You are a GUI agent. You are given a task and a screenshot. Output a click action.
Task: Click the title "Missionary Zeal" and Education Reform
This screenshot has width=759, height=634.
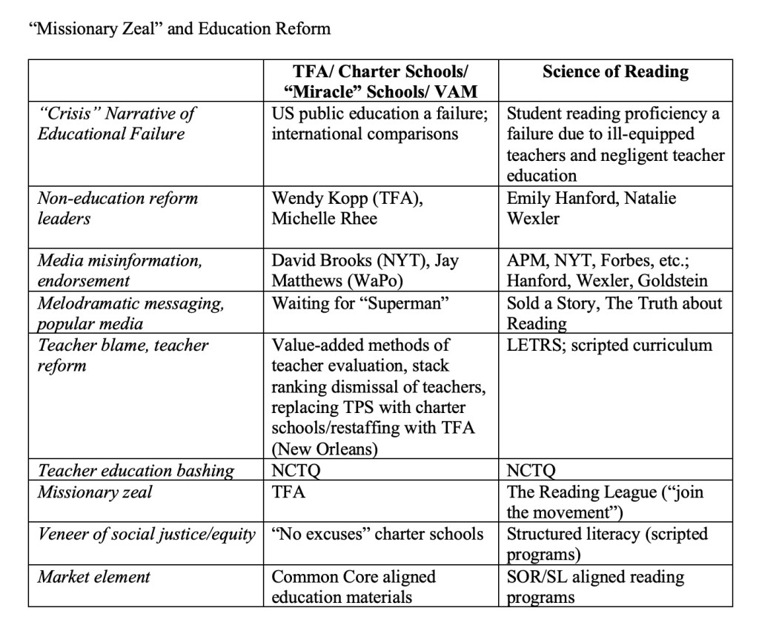(x=178, y=29)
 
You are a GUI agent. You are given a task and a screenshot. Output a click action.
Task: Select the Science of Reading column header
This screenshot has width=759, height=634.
(x=615, y=72)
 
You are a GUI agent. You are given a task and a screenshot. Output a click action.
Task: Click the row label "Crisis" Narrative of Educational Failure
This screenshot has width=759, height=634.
(x=117, y=124)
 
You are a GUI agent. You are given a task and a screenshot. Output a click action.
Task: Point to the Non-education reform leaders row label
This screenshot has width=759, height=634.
(x=117, y=208)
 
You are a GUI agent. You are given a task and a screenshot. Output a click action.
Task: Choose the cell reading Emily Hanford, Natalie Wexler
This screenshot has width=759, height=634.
(x=591, y=208)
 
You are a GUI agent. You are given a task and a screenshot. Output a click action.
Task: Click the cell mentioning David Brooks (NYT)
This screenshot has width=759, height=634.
(x=365, y=271)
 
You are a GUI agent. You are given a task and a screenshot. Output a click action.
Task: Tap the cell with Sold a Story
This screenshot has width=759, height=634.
(x=613, y=313)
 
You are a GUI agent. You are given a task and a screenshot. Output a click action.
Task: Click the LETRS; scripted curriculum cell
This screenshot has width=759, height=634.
(x=609, y=345)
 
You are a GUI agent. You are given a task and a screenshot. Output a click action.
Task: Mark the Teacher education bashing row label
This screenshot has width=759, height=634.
(x=136, y=470)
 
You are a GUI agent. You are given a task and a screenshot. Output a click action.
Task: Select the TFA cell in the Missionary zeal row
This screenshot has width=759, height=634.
(x=289, y=492)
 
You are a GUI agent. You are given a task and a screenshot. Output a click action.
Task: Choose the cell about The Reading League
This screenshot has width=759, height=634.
(x=605, y=501)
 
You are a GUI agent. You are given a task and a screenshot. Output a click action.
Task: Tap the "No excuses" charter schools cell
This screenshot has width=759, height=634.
(x=378, y=534)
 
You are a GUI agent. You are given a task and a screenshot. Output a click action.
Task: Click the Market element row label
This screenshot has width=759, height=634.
(x=95, y=576)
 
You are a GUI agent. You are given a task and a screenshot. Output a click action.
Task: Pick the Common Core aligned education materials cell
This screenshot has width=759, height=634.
(x=354, y=586)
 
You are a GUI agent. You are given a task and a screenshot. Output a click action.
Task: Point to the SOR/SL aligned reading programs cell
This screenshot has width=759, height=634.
(x=595, y=586)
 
